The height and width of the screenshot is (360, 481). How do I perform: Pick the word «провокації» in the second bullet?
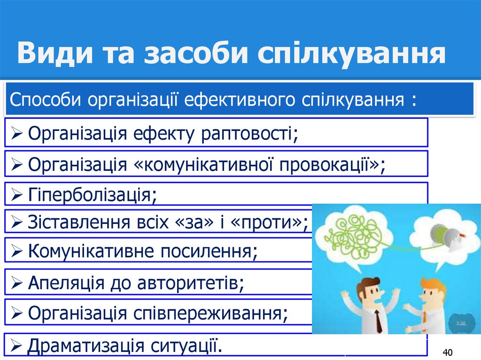[329, 165]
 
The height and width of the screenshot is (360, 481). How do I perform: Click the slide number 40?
[447, 352]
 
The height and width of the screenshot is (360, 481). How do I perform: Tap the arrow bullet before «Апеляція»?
[16, 283]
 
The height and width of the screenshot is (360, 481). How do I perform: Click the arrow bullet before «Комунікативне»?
[16, 252]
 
